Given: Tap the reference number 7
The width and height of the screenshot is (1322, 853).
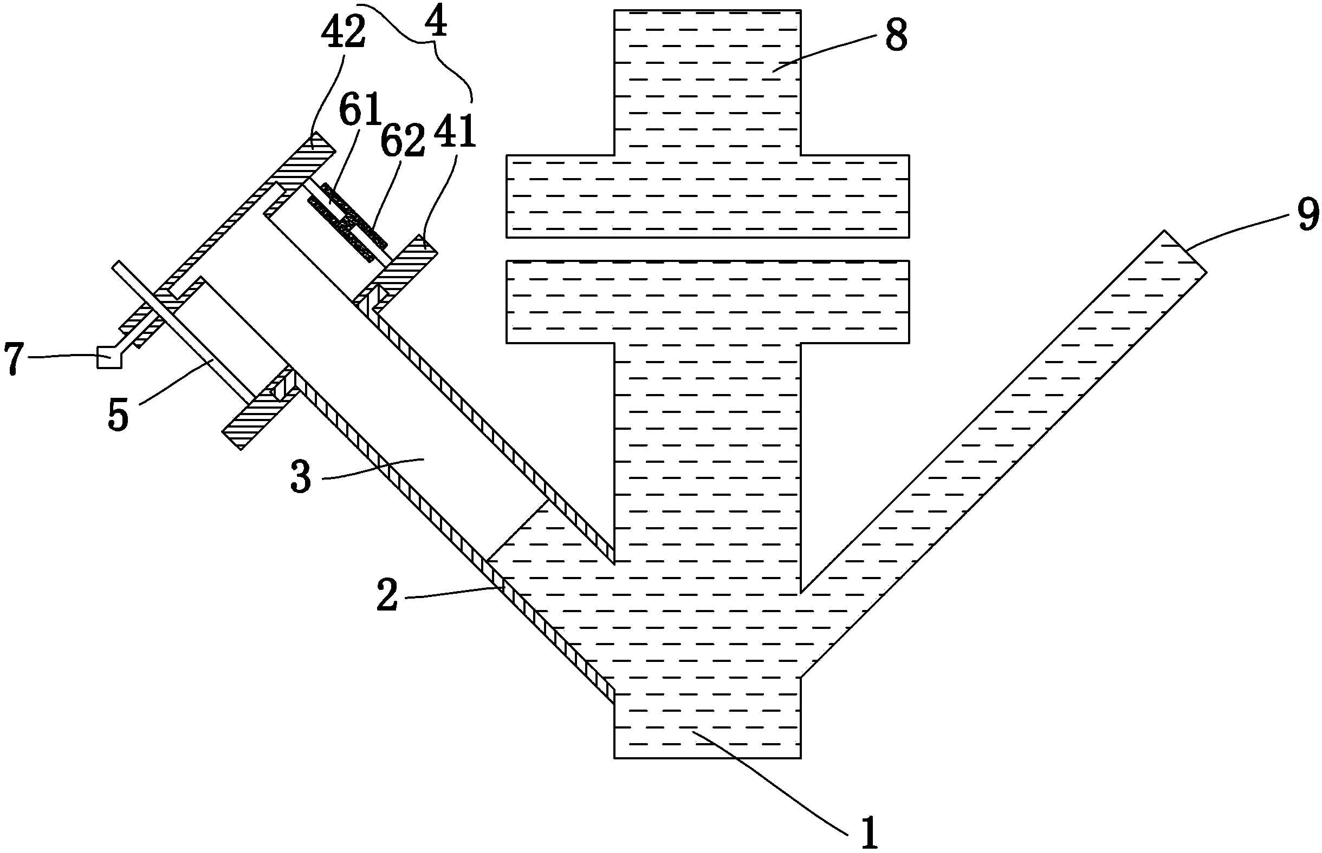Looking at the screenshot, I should pyautogui.click(x=14, y=359).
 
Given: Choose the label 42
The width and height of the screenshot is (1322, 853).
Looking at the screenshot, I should pyautogui.click(x=344, y=33).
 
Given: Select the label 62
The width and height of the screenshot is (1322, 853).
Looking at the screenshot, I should pyautogui.click(x=403, y=140).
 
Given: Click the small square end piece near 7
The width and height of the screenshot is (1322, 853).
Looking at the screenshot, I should pyautogui.click(x=109, y=357).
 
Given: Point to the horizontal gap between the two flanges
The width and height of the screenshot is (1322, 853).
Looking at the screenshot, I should pyautogui.click(x=707, y=250).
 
